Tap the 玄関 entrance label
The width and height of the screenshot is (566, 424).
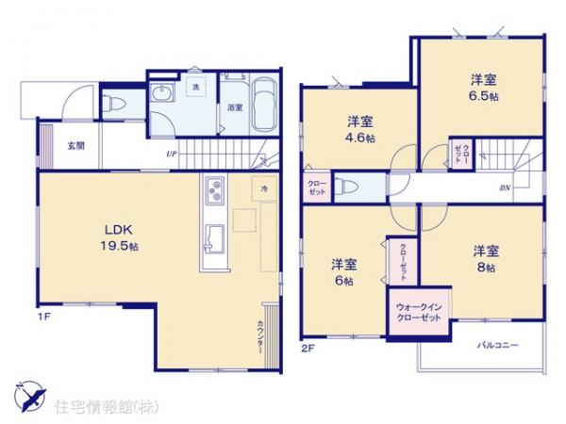[x=76, y=146]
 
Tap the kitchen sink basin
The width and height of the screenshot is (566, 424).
[x=210, y=236]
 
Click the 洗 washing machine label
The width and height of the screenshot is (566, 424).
[x=196, y=88]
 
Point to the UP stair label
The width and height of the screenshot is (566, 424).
[x=171, y=154]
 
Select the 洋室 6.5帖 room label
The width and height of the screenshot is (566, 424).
[x=482, y=88]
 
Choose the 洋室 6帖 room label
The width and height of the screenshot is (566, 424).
[x=342, y=271]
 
